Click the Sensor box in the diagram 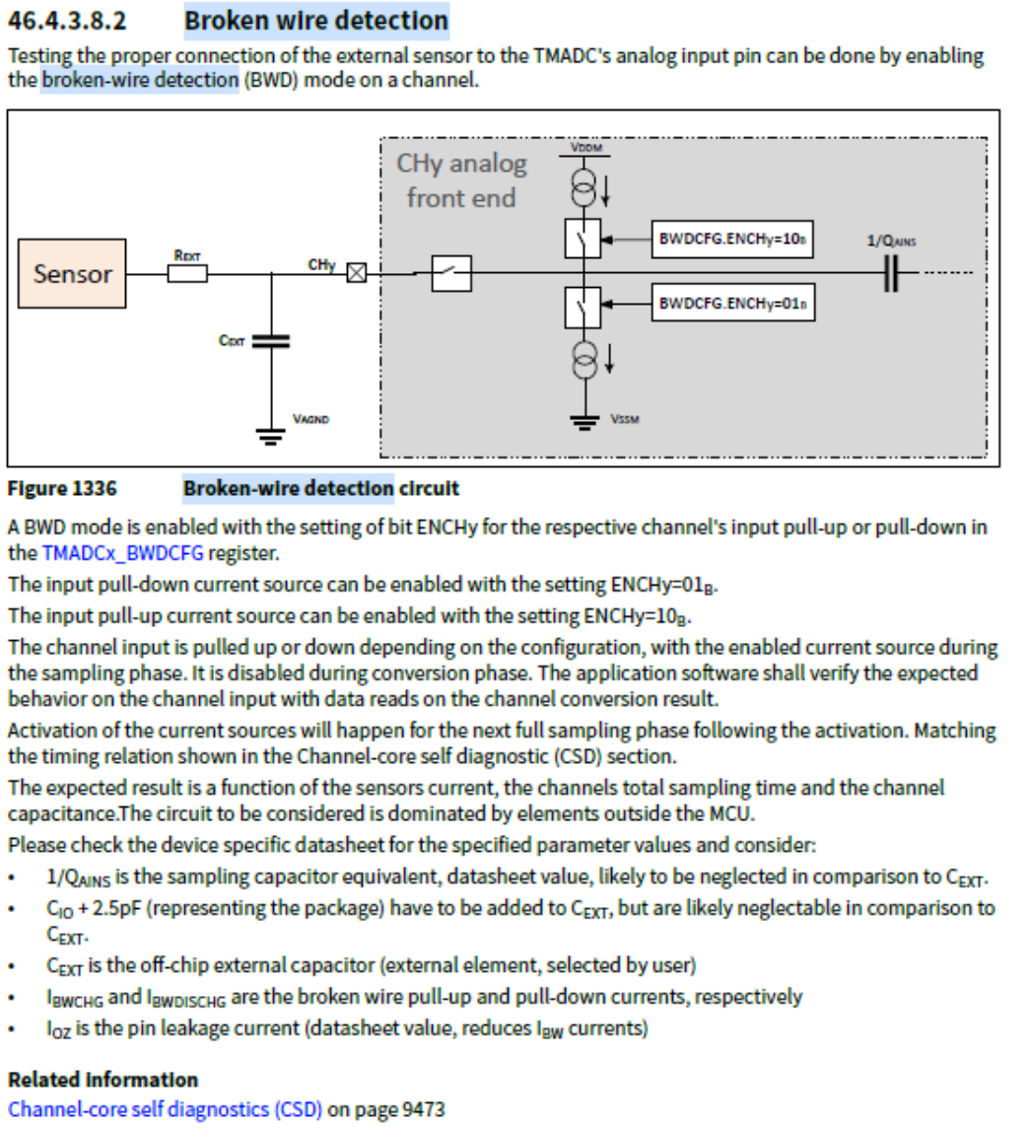click(x=73, y=273)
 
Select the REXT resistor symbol click(x=186, y=273)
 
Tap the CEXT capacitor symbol click(x=272, y=340)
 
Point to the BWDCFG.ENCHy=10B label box click(x=732, y=240)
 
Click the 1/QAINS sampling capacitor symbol click(x=892, y=273)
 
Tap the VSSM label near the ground click(x=625, y=419)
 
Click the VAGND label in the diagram click(x=310, y=419)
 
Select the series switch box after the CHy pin click(x=452, y=273)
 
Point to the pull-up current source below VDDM click(x=584, y=182)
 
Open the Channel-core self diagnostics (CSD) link click(x=166, y=1108)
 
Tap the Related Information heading click(x=103, y=1079)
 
